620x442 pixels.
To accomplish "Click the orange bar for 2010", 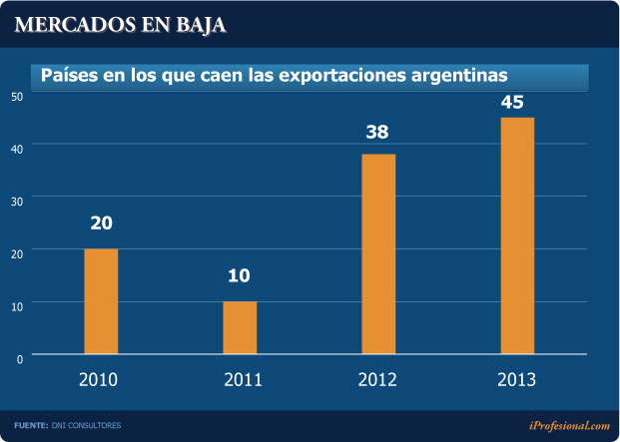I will (101, 301).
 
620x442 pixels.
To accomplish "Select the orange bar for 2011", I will (240, 327).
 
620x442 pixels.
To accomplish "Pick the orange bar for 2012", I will (378, 254).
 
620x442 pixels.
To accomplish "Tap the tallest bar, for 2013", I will (517, 235).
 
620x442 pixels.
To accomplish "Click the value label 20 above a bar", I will (101, 223).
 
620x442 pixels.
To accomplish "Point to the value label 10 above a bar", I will (240, 276).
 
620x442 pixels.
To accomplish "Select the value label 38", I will (378, 131).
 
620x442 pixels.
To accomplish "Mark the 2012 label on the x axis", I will (377, 380).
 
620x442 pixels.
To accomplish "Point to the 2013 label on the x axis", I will (516, 380).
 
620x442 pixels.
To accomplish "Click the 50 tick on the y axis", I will (17, 96).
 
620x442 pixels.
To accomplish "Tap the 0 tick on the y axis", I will (20, 357).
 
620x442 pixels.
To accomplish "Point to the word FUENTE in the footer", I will (31, 426).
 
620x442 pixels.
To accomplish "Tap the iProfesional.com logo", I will (569, 425).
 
